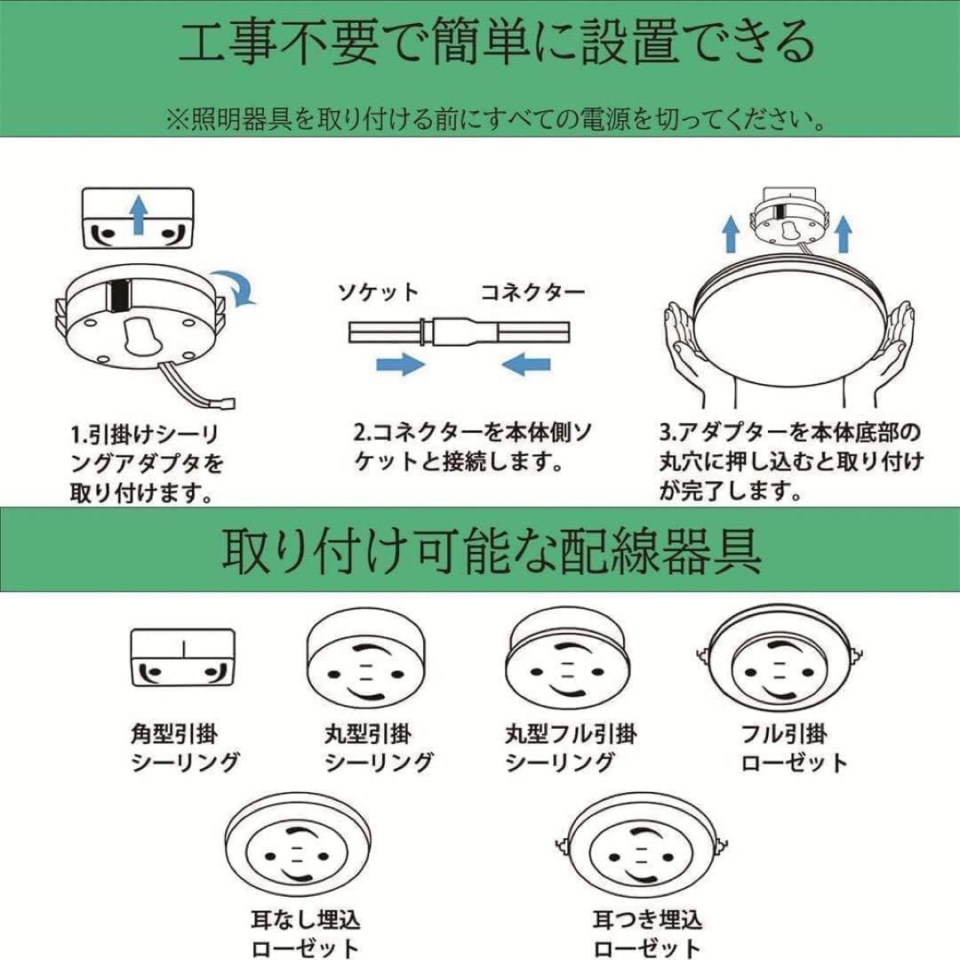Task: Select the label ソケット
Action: click(377, 292)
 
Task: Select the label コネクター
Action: click(532, 292)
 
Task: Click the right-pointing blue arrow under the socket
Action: click(398, 363)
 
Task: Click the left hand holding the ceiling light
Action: click(691, 350)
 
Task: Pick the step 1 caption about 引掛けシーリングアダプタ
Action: click(148, 463)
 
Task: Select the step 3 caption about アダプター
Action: click(790, 461)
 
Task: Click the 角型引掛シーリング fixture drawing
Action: click(182, 658)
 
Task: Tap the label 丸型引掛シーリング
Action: click(378, 748)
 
